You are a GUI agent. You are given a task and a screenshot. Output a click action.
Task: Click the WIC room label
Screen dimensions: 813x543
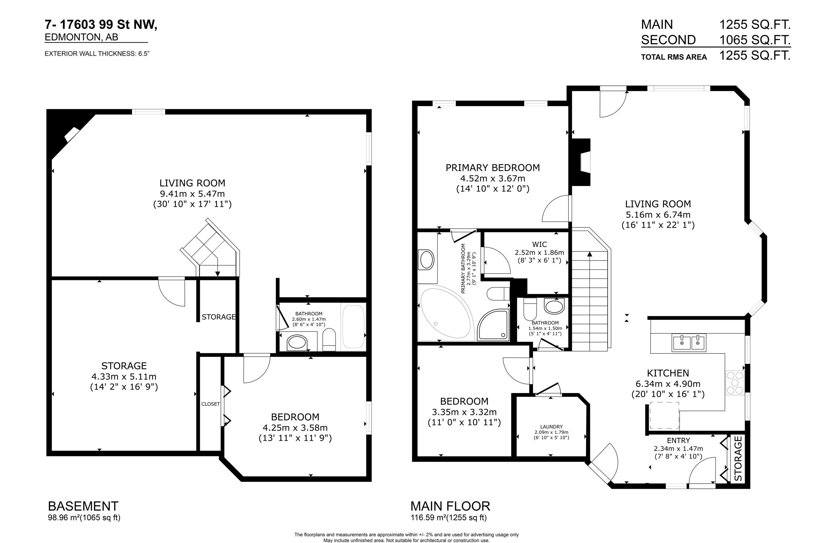pos(539,245)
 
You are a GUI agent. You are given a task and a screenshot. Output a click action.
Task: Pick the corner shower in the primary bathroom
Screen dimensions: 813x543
pos(493,324)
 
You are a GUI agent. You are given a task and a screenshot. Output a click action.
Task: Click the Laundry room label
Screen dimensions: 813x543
pos(551,427)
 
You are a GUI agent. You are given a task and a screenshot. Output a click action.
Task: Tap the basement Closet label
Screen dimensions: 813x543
pos(210,404)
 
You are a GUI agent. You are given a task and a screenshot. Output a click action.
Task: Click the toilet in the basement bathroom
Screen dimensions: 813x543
pos(329,339)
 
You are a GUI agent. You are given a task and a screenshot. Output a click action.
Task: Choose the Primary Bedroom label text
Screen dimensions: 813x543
pos(493,168)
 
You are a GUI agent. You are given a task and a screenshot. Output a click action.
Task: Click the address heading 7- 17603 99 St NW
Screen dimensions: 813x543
pos(101,25)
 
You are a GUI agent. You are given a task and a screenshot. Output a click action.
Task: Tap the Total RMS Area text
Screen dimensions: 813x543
pos(674,57)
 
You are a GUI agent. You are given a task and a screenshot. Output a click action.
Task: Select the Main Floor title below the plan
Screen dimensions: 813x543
pos(450,506)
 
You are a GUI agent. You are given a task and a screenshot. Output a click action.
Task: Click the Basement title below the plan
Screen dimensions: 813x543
pos(83,506)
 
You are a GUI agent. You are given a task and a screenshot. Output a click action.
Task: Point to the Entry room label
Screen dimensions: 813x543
pos(678,441)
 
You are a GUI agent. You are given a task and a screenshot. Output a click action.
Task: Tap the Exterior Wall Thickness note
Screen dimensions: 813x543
pos(97,54)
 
